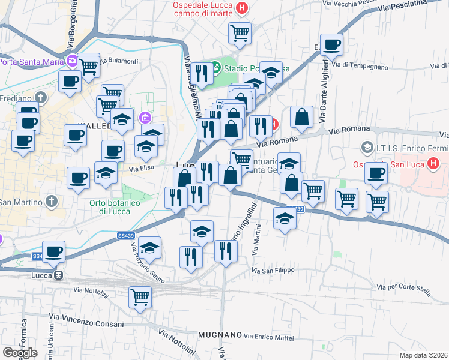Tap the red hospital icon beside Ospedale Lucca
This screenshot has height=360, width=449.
pos(241,8)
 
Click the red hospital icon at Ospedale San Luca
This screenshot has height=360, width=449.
pos(433,163)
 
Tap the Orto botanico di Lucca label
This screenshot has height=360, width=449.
pos(115,207)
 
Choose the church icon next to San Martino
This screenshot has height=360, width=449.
pos(52,201)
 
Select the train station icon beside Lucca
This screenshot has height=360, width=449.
pos(58,275)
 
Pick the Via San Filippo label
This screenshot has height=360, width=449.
pos(273,271)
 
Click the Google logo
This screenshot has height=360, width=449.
pos(20,353)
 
